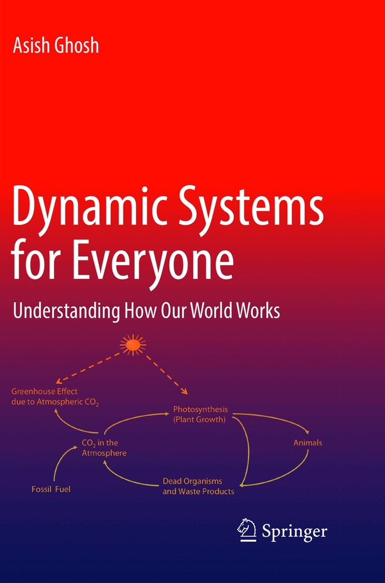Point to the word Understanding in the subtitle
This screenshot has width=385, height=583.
tap(66, 311)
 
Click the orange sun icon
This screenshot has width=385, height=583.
tap(133, 345)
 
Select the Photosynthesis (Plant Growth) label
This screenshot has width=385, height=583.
tap(200, 414)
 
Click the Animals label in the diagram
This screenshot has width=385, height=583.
tap(308, 443)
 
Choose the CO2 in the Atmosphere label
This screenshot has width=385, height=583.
tap(104, 447)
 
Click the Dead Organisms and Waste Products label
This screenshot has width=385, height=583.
tap(198, 486)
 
